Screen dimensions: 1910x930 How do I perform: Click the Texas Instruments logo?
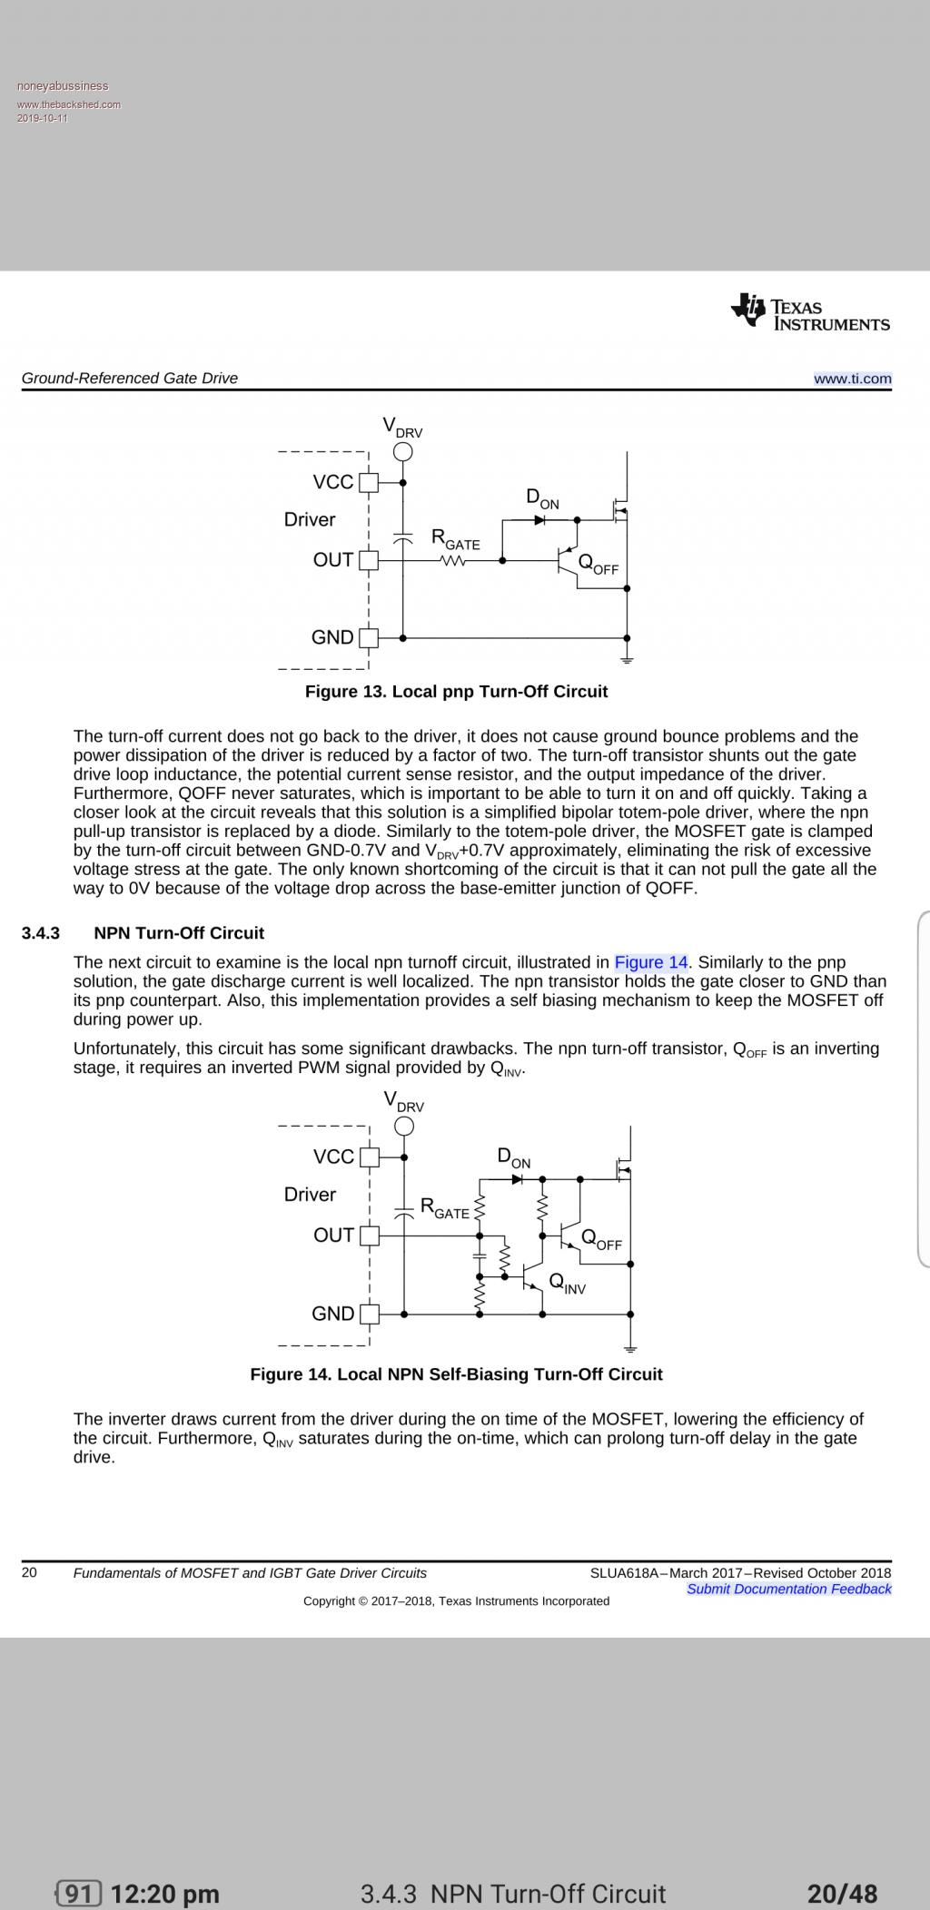click(810, 311)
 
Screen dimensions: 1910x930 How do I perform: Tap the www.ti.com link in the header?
click(852, 379)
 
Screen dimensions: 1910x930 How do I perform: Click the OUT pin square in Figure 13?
click(368, 560)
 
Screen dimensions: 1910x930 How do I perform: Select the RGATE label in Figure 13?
click(455, 539)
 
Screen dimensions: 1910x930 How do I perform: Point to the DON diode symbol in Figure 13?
click(539, 520)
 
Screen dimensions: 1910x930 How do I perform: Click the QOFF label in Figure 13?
click(598, 564)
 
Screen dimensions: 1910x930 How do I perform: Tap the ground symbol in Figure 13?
click(627, 659)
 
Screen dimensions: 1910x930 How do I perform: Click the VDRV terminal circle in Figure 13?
click(403, 452)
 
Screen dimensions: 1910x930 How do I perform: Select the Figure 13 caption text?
click(456, 692)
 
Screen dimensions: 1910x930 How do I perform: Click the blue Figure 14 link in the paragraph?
click(651, 962)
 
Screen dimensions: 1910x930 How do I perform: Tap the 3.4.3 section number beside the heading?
click(41, 933)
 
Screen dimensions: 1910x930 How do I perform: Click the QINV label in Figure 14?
click(567, 1283)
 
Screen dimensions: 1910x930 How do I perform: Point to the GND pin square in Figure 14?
click(369, 1314)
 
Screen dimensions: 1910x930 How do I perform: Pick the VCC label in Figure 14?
click(333, 1157)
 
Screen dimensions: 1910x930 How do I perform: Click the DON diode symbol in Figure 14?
click(518, 1178)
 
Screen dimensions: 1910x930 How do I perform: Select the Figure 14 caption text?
click(456, 1374)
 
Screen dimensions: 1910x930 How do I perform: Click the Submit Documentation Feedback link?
click(788, 1589)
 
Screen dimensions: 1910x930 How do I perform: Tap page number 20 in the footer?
click(29, 1572)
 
